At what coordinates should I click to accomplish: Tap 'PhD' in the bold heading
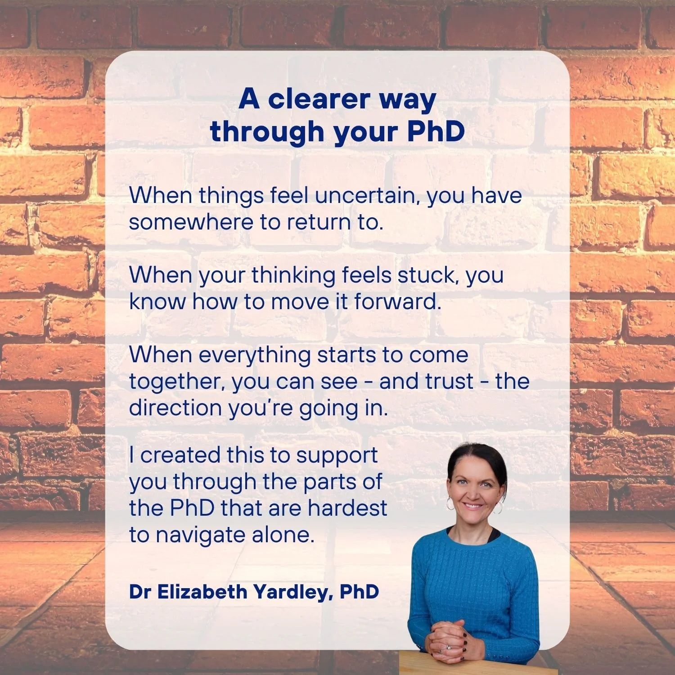pyautogui.click(x=436, y=132)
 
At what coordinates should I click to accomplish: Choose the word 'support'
pyautogui.click(x=337, y=456)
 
